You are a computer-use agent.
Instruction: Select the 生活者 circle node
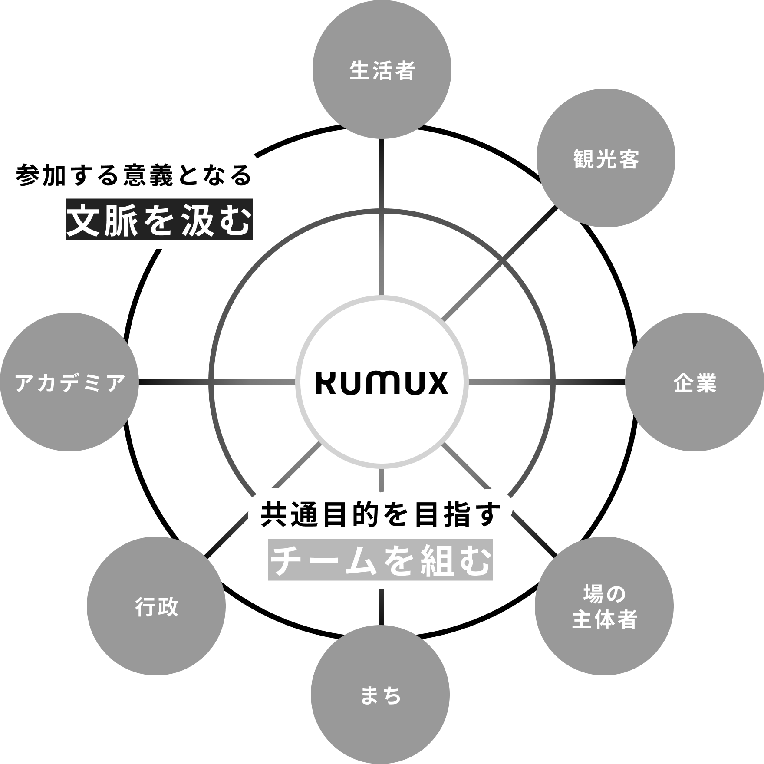pyautogui.click(x=382, y=69)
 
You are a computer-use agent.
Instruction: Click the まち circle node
pyautogui.click(x=380, y=695)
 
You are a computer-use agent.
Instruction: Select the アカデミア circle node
pyautogui.click(x=69, y=382)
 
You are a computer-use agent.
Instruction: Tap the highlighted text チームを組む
pyautogui.click(x=380, y=563)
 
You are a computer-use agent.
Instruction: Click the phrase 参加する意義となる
pyautogui.click(x=134, y=176)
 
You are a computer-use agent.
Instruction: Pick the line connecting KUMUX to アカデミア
pyautogui.click(x=217, y=382)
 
